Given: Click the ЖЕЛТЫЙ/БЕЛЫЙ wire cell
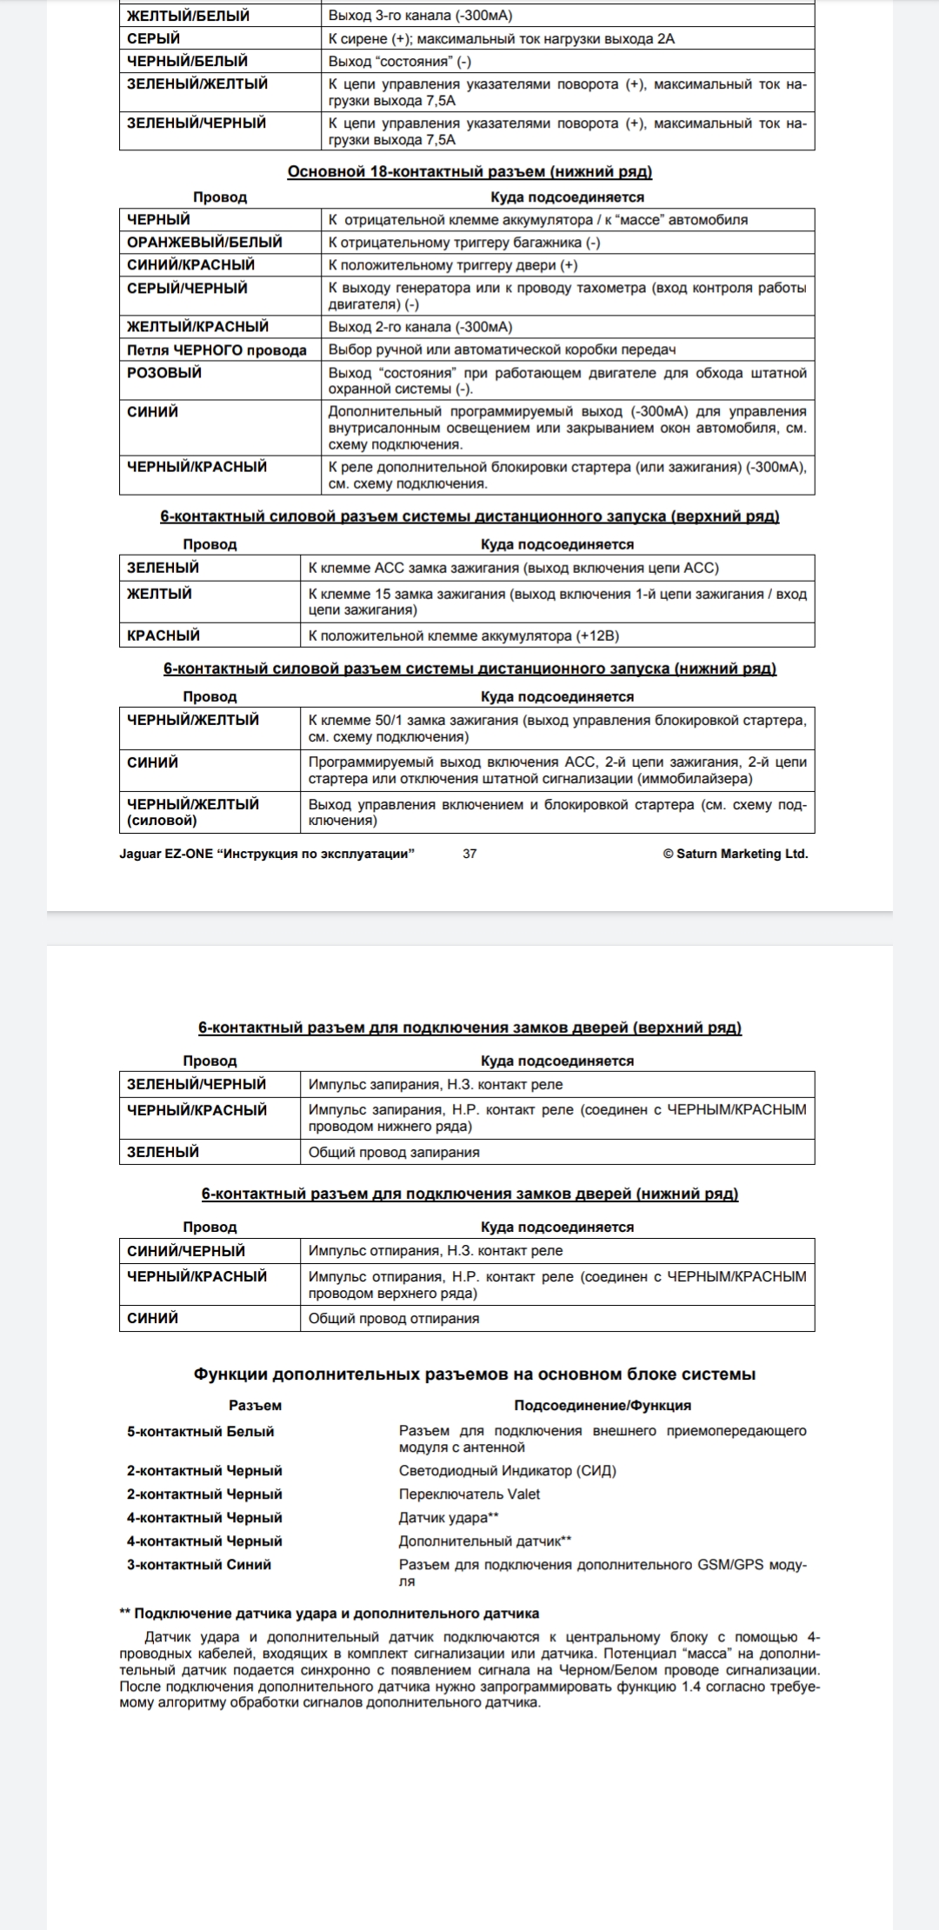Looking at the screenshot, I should tap(188, 16).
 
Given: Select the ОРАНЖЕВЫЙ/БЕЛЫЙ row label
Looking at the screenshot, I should tap(204, 243).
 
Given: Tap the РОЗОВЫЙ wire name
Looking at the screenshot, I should tap(164, 373).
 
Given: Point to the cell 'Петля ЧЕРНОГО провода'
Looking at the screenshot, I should tap(216, 350).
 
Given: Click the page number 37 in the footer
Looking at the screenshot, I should tap(469, 854).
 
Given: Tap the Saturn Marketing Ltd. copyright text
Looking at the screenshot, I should tap(735, 854).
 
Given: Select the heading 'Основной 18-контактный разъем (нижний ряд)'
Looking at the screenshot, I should tap(469, 172).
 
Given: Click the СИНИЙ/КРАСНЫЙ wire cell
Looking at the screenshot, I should tap(190, 265).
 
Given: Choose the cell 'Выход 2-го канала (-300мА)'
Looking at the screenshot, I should tap(420, 327).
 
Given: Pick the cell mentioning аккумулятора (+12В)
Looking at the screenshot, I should tap(463, 636).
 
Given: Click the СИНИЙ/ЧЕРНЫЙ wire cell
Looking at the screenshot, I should tap(186, 1251).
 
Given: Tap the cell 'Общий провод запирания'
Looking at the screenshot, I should tap(394, 1153).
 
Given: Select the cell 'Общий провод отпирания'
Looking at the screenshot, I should tap(394, 1319).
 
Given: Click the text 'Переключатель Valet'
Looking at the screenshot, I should tap(469, 1494).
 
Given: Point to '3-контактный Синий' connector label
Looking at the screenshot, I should tap(199, 1565).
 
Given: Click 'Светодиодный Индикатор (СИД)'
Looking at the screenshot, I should tap(507, 1471).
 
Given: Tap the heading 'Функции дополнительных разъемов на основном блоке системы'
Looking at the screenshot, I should tap(474, 1374).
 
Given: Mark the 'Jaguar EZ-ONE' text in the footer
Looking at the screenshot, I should tap(166, 854).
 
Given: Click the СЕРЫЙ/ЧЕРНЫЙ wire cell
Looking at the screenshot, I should tap(187, 289).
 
